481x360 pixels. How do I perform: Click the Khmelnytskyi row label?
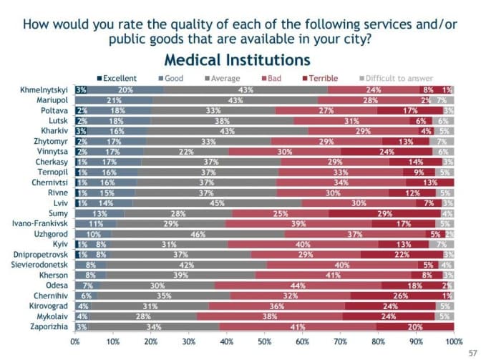[45, 90]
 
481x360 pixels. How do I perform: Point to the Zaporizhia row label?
[49, 326]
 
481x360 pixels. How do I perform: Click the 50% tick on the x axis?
[264, 342]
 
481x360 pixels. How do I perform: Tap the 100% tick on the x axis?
[453, 342]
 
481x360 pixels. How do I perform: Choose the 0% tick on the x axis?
[75, 342]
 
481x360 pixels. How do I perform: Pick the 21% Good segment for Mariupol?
[115, 100]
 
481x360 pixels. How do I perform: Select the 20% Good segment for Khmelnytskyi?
[125, 90]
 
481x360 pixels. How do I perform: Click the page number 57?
[470, 352]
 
